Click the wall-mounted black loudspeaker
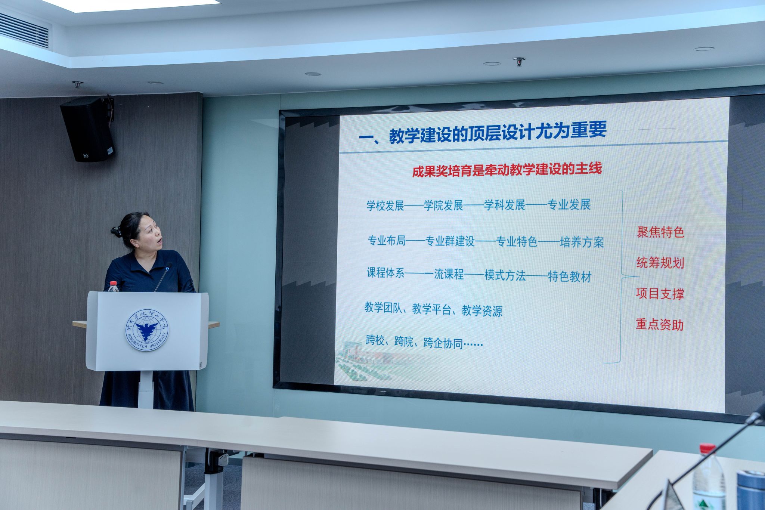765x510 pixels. coord(87,129)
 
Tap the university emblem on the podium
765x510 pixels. coord(147,330)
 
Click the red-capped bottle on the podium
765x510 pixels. coord(113,287)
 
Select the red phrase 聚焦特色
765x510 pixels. coord(660,232)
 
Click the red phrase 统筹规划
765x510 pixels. coord(660,263)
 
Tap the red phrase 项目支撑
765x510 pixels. coord(660,294)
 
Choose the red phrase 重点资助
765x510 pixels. coord(660,324)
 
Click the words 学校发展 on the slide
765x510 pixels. coord(385,205)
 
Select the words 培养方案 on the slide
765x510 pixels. coord(582,242)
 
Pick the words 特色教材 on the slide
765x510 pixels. coord(570,277)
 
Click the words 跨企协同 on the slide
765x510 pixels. coord(443,343)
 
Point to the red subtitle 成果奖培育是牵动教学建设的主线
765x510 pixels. coord(507,170)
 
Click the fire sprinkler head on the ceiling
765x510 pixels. coord(519,62)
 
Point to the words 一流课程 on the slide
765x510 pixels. coord(444,275)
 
